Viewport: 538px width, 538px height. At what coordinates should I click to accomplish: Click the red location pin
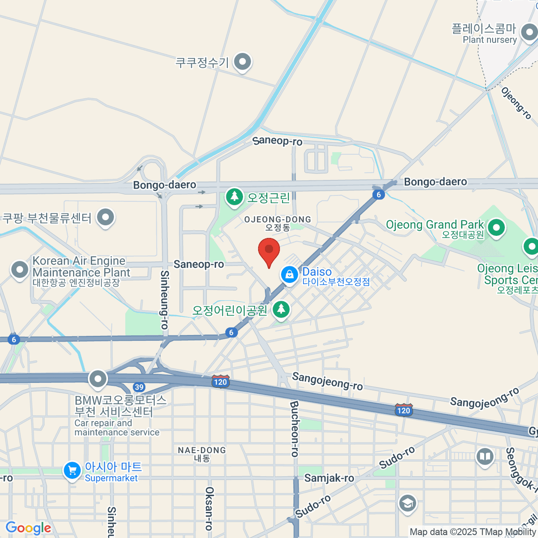[x=269, y=250]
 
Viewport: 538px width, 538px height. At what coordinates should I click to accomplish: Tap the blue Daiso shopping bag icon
[x=290, y=274]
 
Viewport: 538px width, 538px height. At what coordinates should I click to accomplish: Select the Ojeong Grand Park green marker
[x=496, y=227]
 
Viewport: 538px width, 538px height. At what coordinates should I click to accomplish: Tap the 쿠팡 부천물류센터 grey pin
[x=105, y=217]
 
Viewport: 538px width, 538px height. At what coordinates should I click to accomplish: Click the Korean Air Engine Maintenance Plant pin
[x=19, y=270]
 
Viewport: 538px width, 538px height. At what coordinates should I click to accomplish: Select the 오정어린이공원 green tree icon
[x=281, y=309]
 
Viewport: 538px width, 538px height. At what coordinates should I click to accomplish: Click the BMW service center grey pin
[x=98, y=379]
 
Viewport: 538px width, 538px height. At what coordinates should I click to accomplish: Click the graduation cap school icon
[x=407, y=503]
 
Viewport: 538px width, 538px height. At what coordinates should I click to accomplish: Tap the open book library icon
[x=485, y=457]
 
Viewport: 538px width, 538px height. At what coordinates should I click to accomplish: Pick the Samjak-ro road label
[x=329, y=478]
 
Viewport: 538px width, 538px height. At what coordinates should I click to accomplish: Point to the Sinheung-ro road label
[x=165, y=299]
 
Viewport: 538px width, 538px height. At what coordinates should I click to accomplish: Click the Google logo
[x=29, y=528]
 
